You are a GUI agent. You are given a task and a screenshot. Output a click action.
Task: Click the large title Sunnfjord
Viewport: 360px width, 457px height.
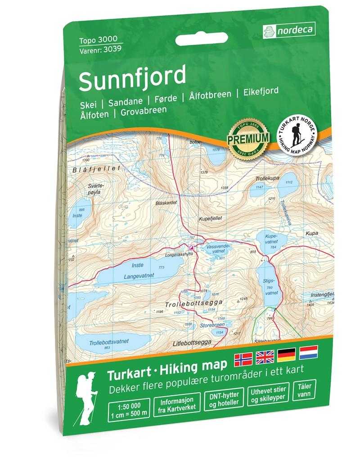133,77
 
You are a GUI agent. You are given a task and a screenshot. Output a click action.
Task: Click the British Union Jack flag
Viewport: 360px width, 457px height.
266,357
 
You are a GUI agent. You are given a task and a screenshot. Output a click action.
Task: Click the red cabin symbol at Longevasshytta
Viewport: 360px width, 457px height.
191,247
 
